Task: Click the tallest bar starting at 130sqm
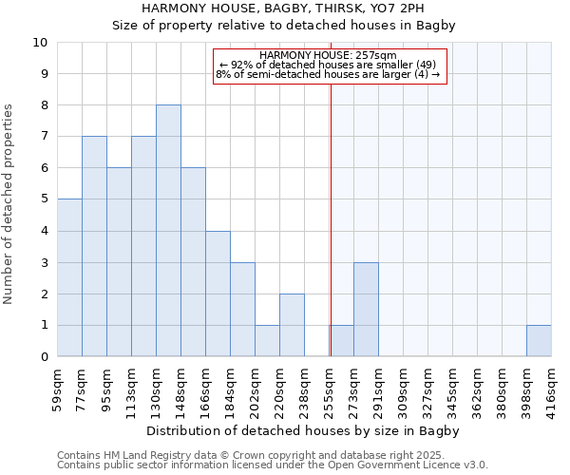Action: click(x=168, y=231)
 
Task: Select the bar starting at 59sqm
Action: click(x=69, y=277)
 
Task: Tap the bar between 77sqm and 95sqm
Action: click(x=94, y=246)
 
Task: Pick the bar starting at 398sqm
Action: click(x=539, y=341)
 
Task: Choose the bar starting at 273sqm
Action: click(x=366, y=310)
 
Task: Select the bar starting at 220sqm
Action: click(x=292, y=325)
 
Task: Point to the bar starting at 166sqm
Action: click(x=218, y=294)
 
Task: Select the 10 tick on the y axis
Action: click(x=40, y=43)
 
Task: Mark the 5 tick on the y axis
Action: click(x=44, y=199)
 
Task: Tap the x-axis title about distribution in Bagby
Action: click(x=304, y=431)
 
